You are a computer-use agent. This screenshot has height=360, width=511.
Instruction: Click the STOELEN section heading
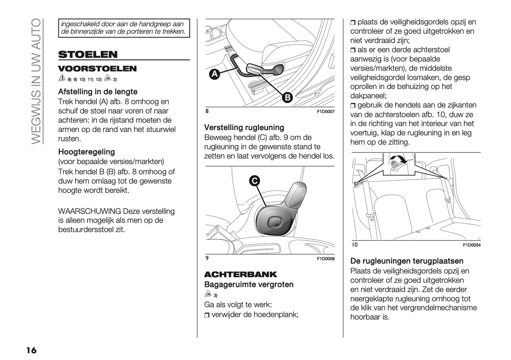point(88,54)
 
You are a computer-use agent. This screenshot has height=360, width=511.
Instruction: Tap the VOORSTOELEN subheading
point(97,69)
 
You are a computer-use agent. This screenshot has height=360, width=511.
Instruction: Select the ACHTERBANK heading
point(240,274)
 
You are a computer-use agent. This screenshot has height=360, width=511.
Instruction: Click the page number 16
point(31,350)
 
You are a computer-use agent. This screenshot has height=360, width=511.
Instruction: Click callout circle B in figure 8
point(287,98)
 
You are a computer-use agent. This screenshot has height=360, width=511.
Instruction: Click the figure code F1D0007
point(325,112)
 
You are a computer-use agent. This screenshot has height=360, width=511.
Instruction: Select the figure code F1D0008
point(325,259)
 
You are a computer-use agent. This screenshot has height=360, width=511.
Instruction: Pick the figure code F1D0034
point(471,245)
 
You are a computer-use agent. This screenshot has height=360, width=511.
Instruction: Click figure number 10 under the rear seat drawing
point(355,244)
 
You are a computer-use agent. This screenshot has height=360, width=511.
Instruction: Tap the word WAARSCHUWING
point(89,211)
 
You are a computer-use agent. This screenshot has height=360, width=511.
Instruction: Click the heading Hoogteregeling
point(86,152)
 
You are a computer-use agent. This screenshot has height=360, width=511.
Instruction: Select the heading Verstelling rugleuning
point(244,128)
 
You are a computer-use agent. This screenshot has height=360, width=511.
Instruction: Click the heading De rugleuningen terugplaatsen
point(407,261)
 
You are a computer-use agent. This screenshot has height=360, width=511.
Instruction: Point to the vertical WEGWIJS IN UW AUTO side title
point(36,81)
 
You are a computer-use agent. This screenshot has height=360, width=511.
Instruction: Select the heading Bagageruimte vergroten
point(249,285)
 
